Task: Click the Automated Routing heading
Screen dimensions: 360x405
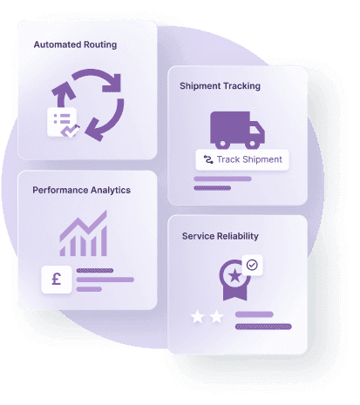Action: coord(75,44)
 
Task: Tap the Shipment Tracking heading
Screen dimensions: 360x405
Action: coord(220,86)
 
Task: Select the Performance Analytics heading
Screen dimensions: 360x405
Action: coord(81,190)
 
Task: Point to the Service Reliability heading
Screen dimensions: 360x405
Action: coord(220,236)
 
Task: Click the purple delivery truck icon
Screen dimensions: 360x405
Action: coord(237,130)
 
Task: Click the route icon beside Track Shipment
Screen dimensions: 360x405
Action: coord(208,159)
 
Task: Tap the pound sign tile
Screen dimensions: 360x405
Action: coord(57,280)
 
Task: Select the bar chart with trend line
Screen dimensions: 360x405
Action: coord(84,233)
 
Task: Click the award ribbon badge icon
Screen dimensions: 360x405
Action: coord(234,280)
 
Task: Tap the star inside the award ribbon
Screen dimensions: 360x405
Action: coord(234,276)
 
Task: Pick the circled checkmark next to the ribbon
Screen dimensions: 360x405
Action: coord(252,265)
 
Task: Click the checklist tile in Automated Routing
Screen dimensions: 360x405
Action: coord(62,122)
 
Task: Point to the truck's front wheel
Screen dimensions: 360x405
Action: coord(252,144)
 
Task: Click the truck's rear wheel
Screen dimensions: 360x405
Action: coord(222,144)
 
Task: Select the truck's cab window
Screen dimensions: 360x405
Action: coord(255,129)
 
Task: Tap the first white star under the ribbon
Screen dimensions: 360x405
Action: coord(197,316)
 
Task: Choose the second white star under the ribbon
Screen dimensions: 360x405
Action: coord(216,316)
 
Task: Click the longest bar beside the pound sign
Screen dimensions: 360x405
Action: coord(105,280)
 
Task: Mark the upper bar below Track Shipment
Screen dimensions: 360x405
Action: coord(222,179)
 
